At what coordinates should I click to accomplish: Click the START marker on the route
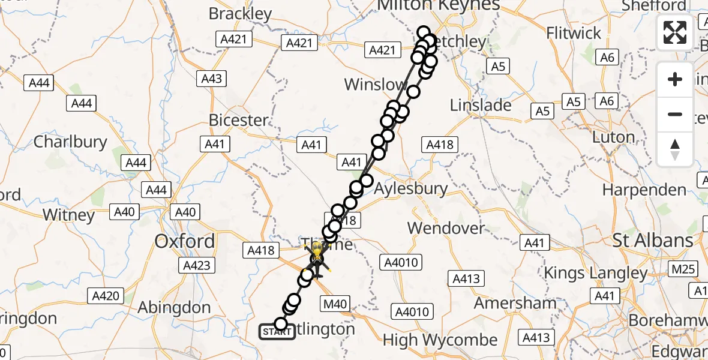(x=277, y=331)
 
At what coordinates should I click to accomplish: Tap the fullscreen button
(x=675, y=32)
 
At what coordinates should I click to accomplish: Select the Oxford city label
(x=185, y=241)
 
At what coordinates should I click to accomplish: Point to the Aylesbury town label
(x=411, y=188)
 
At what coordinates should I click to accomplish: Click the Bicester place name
(x=239, y=120)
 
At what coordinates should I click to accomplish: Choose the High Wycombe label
(x=440, y=340)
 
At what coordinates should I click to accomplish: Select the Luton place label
(x=613, y=137)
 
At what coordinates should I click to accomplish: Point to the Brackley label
(x=241, y=13)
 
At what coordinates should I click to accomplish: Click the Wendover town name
(x=446, y=228)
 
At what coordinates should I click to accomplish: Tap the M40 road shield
(x=335, y=304)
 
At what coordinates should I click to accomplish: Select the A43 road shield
(x=212, y=79)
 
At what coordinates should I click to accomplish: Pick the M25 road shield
(x=683, y=269)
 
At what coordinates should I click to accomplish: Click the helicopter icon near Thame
(x=316, y=259)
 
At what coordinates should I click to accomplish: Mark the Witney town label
(x=69, y=215)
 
